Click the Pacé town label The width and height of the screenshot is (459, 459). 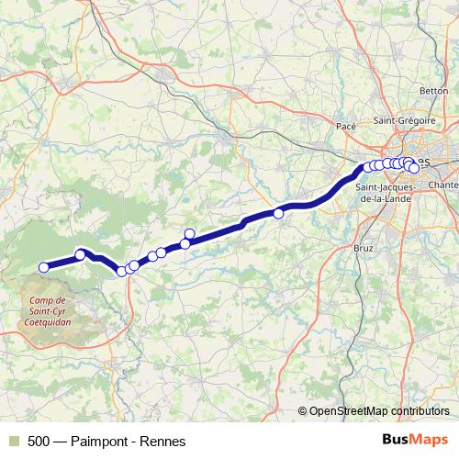346,126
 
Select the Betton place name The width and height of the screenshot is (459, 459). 433,91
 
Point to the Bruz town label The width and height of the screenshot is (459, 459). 364,248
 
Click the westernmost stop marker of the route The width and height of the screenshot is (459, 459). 43,267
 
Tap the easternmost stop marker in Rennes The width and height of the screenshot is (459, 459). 415,168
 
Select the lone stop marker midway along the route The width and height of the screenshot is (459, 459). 278,213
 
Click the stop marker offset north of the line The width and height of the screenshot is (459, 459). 190,233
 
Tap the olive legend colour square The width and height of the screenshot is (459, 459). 12,442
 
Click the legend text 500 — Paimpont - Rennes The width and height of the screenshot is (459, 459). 106,442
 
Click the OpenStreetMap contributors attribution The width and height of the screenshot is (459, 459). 379,411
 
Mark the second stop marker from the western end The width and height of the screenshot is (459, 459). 81,254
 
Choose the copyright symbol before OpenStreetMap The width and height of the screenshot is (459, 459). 302,411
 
